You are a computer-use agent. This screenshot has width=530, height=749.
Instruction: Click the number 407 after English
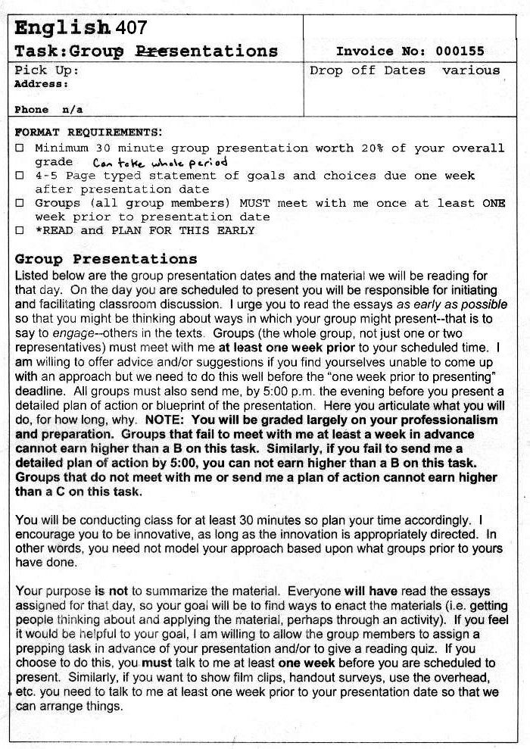132,28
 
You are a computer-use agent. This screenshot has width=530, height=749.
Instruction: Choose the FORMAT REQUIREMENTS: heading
89,132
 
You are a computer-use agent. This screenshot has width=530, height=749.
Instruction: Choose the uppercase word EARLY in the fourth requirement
235,230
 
